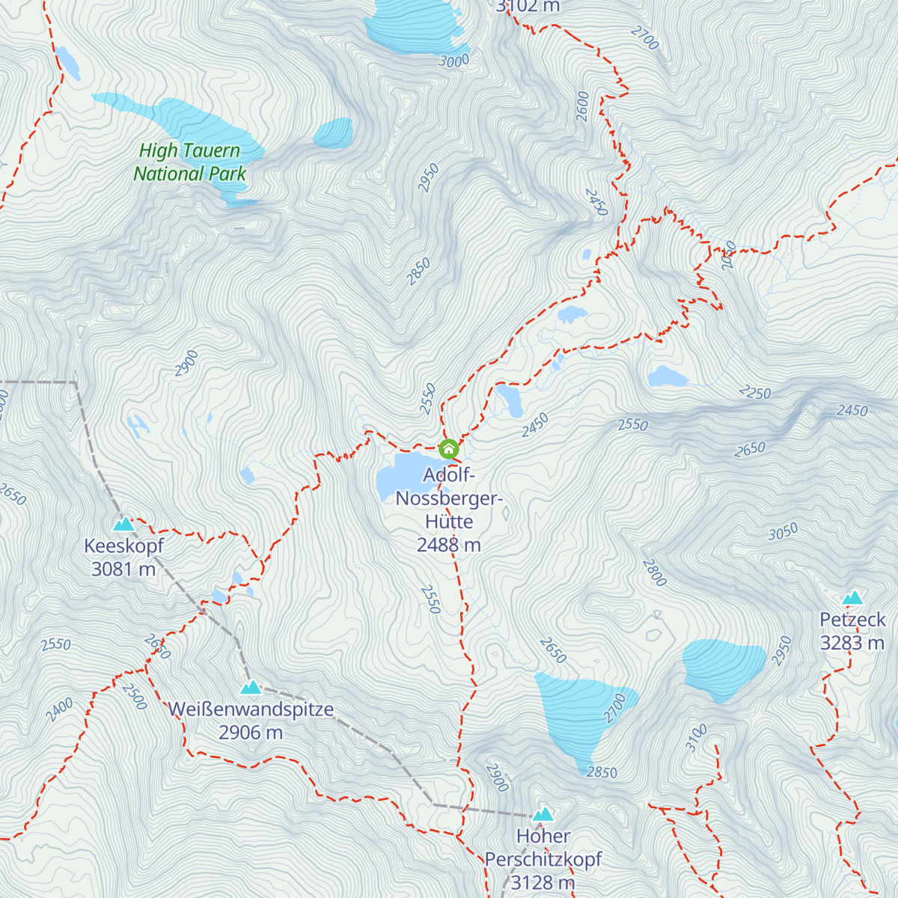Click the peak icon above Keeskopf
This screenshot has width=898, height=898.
pyautogui.click(x=123, y=524)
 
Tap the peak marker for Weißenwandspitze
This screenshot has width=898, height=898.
pyautogui.click(x=251, y=687)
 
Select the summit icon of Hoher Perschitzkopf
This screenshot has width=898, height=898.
pyautogui.click(x=543, y=814)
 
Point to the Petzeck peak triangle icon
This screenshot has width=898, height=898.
pyautogui.click(x=852, y=598)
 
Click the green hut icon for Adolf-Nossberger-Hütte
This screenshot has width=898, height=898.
pyautogui.click(x=448, y=449)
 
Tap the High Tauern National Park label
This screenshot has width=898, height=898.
pyautogui.click(x=189, y=162)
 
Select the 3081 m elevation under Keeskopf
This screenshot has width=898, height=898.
pyautogui.click(x=123, y=569)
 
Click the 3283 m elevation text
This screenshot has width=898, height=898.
pyautogui.click(x=852, y=643)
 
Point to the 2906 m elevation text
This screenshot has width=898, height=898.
pyautogui.click(x=251, y=733)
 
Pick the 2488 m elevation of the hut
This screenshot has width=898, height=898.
pyautogui.click(x=448, y=545)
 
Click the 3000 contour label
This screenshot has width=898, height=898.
pyautogui.click(x=453, y=61)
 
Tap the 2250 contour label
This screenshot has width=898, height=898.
pyautogui.click(x=754, y=392)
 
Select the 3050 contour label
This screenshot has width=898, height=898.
pyautogui.click(x=783, y=532)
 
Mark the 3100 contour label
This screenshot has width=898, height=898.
pyautogui.click(x=696, y=738)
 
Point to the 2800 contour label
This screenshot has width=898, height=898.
pyautogui.click(x=654, y=572)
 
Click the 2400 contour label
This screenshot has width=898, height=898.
pyautogui.click(x=59, y=708)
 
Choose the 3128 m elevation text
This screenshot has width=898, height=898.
pyautogui.click(x=543, y=883)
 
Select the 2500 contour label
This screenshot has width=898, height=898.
pyautogui.click(x=135, y=696)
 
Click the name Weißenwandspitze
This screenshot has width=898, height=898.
pyautogui.click(x=251, y=709)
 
